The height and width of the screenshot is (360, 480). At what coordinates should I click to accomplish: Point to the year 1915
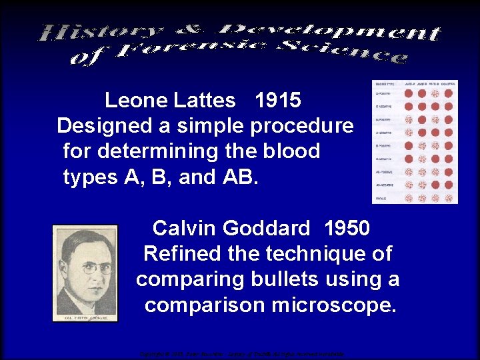point(278,101)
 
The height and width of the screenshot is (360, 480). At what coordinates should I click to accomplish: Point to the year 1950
point(347,229)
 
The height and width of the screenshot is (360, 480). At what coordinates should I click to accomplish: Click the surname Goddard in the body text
point(267,229)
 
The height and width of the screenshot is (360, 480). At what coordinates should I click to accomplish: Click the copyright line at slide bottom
point(240,354)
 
